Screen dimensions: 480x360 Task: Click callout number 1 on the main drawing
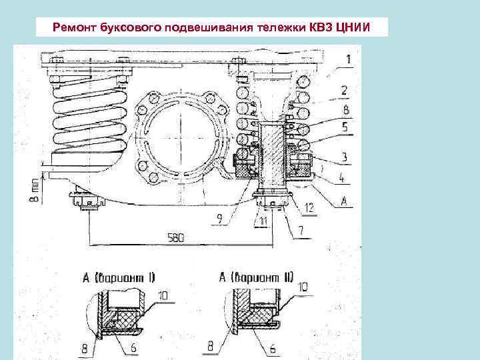coord(348,59)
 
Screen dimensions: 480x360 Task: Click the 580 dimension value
coord(177,237)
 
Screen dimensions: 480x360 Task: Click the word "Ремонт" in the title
coord(77,27)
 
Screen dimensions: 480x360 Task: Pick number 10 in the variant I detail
coord(163,293)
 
